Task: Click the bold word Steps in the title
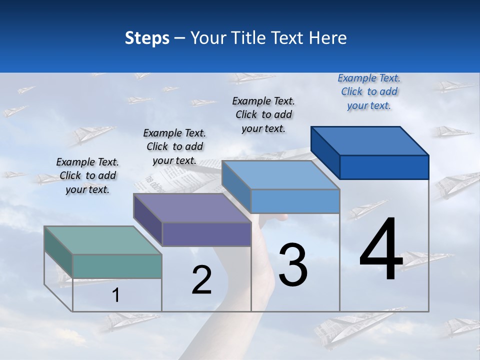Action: click(x=147, y=38)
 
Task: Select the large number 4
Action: click(x=381, y=250)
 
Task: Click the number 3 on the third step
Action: click(x=293, y=265)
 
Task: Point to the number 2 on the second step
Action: click(x=202, y=280)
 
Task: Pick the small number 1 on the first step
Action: click(x=115, y=295)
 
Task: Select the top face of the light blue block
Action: click(x=281, y=175)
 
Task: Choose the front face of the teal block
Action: click(x=117, y=266)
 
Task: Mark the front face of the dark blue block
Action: click(x=384, y=167)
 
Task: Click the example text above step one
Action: click(x=87, y=175)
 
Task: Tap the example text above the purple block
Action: click(x=174, y=146)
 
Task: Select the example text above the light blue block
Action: click(x=263, y=114)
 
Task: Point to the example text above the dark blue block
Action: click(x=369, y=91)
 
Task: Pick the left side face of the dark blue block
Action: click(x=325, y=152)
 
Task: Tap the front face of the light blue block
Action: click(x=295, y=201)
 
